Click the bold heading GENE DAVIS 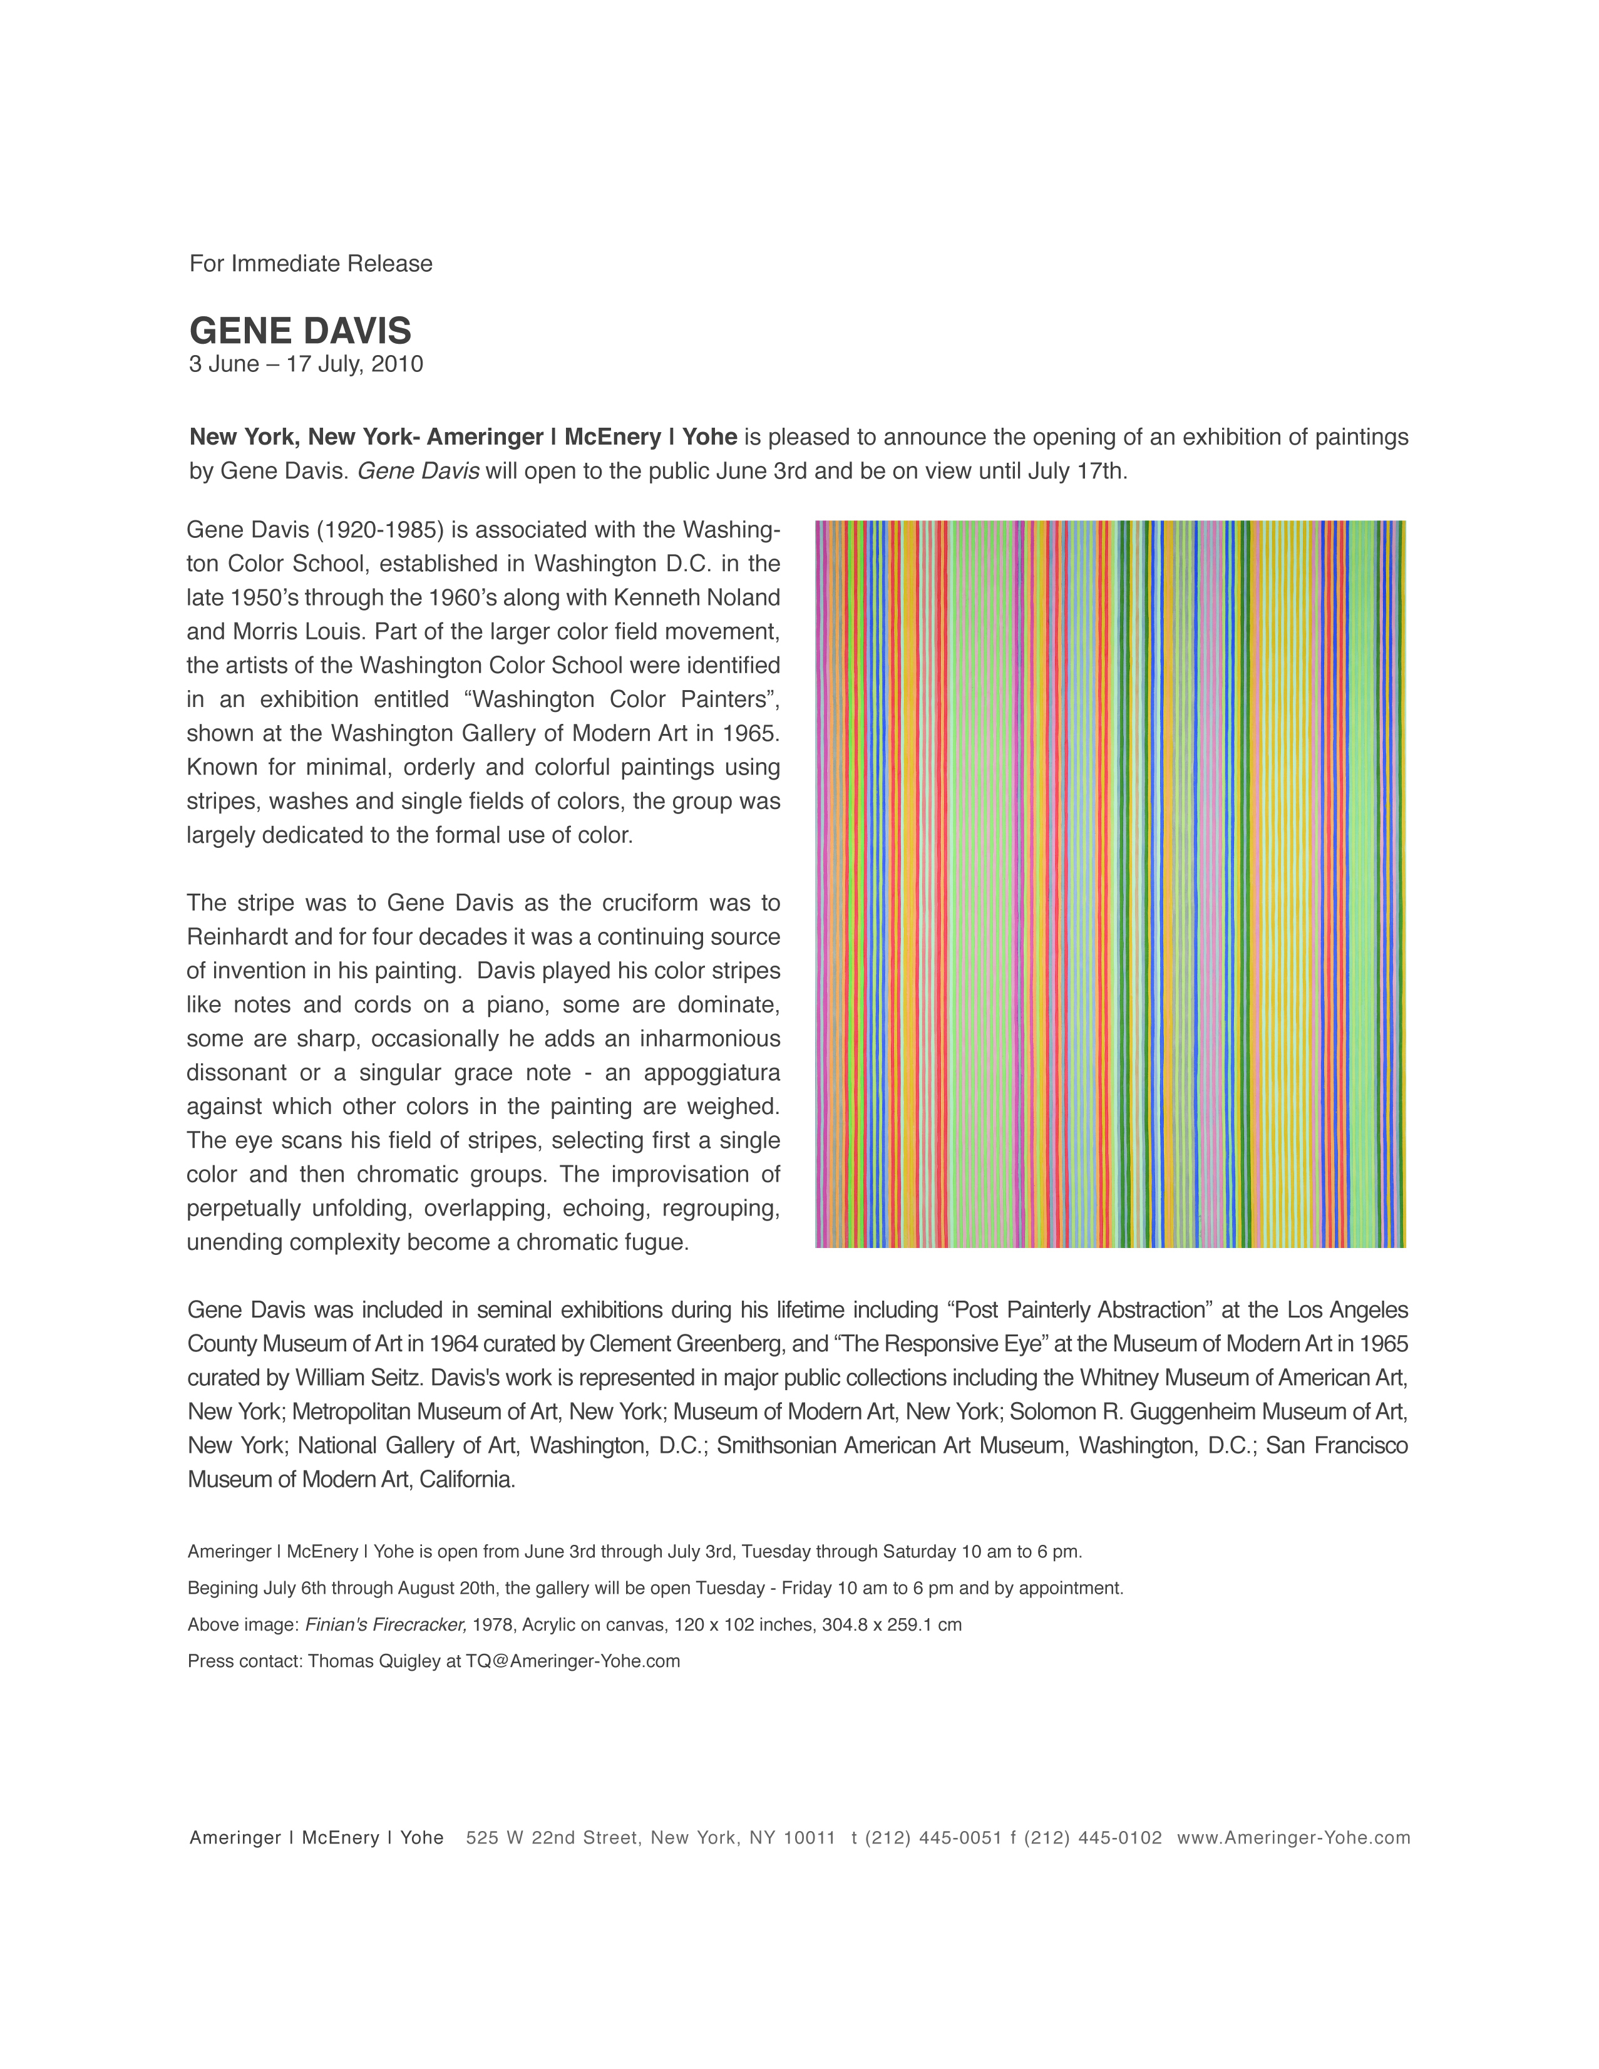(x=301, y=331)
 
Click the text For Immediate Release (x=311, y=264)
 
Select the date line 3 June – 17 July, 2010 (x=306, y=364)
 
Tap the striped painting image (x=1110, y=883)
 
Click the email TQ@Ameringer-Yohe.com (x=572, y=1661)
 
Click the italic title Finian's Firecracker (x=386, y=1624)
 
